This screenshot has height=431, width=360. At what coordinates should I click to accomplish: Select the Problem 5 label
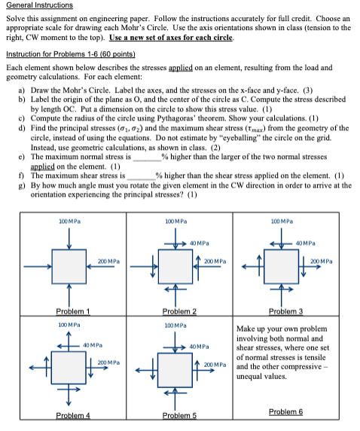pyautogui.click(x=179, y=414)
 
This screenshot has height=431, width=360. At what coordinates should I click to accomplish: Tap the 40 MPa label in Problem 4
pyautogui.click(x=93, y=346)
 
